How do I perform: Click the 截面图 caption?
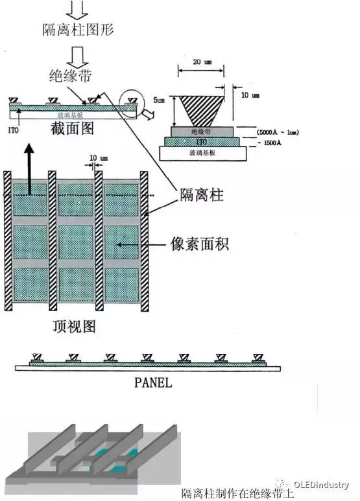tap(72, 128)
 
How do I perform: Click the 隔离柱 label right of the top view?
tap(202, 195)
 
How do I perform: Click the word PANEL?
tap(153, 382)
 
